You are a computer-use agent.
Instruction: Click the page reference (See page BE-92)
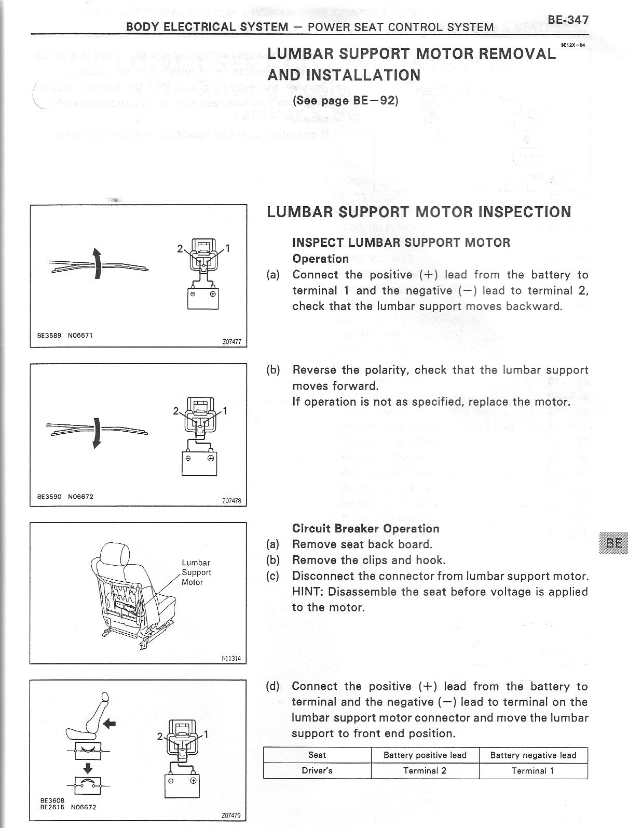[345, 100]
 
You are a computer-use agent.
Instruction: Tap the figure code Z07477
[231, 342]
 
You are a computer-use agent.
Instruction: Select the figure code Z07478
[231, 501]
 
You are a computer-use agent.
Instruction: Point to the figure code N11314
[231, 659]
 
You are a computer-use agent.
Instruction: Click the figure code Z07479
[231, 816]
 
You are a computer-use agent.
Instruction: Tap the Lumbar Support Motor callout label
[196, 572]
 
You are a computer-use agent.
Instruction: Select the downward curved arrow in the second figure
[95, 432]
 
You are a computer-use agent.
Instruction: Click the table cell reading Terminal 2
[425, 771]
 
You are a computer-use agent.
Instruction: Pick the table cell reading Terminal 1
[533, 771]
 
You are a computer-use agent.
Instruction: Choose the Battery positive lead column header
[425, 755]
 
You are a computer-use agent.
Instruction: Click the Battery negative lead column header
[533, 755]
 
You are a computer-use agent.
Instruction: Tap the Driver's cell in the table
[317, 771]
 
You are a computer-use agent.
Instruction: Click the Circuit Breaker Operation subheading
[365, 529]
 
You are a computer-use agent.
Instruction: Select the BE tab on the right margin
[614, 543]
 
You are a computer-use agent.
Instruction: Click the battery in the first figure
[203, 298]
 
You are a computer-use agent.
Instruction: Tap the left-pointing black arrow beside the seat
[110, 723]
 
